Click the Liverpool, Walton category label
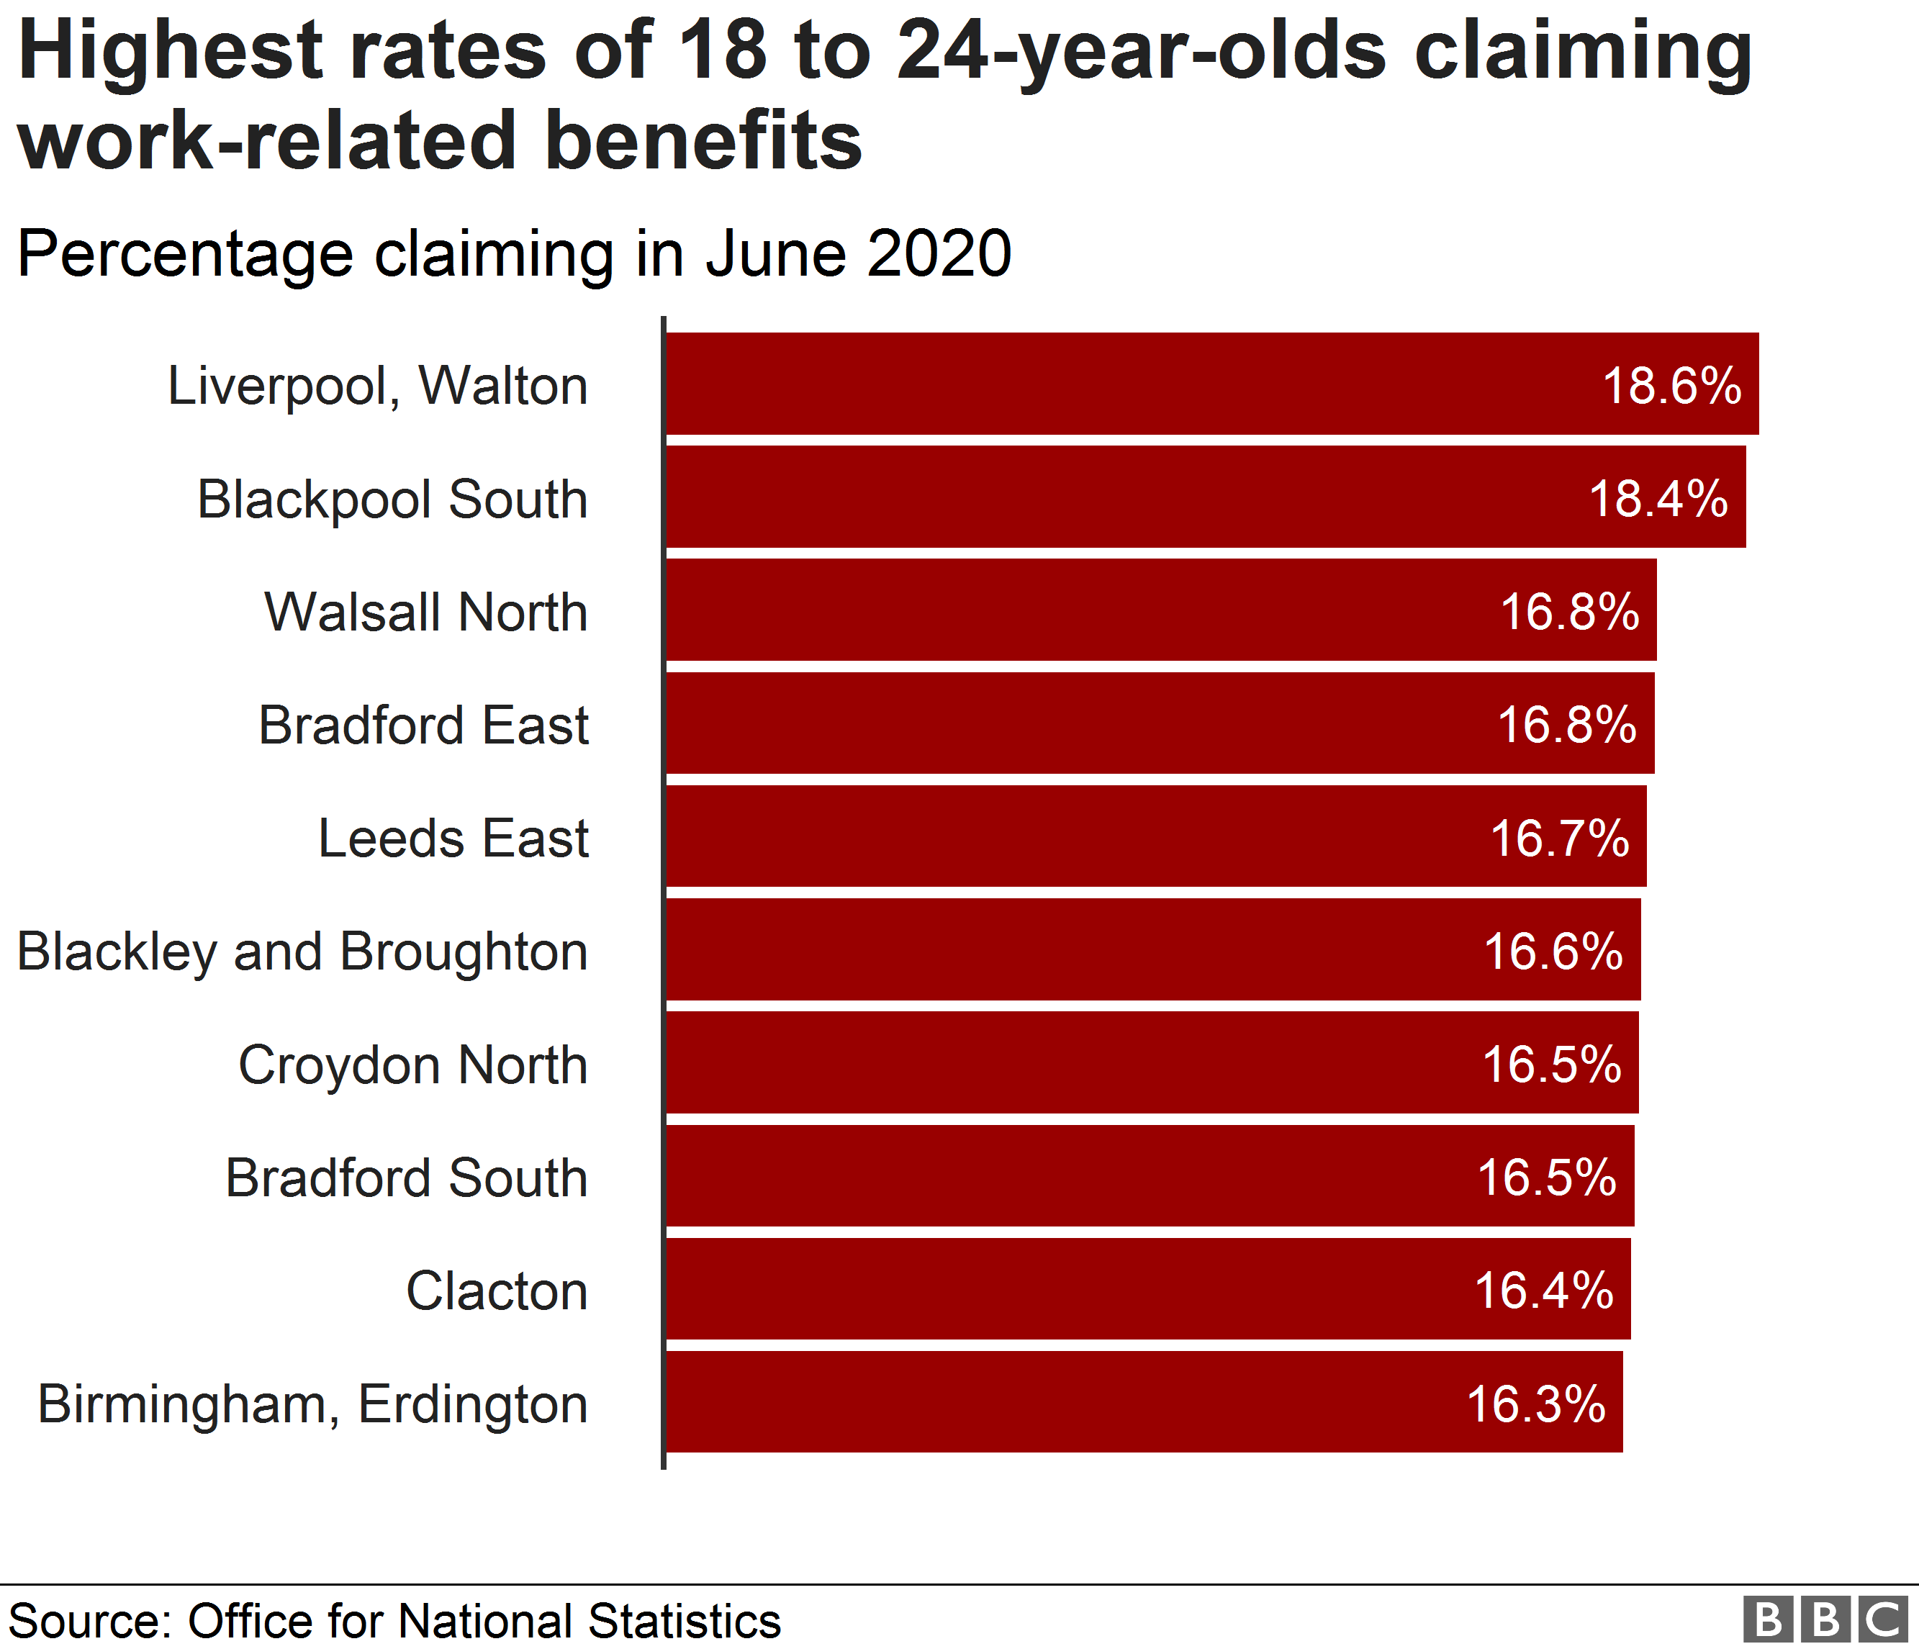pos(378,386)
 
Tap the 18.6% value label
pos(1671,386)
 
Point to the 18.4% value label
pos(1658,499)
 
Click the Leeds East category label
pos(453,838)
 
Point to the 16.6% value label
pos(1553,952)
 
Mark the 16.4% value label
pos(1544,1291)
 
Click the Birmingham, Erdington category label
pos(313,1404)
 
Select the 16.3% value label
pos(1535,1404)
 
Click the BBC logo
pos(1825,1619)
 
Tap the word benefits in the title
pos(704,141)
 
